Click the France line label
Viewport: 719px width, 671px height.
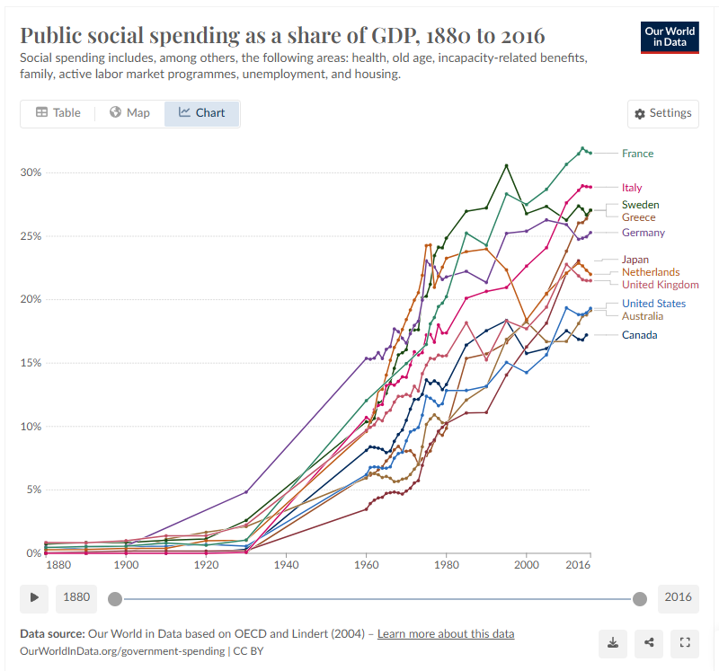click(x=637, y=154)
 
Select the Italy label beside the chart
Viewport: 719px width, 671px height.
click(x=632, y=188)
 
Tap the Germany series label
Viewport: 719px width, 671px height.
click(x=644, y=233)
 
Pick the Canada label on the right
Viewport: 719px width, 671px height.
click(x=639, y=335)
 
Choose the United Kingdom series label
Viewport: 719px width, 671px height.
click(x=661, y=285)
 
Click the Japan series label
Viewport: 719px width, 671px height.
click(x=635, y=260)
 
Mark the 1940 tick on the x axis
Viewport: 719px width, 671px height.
click(x=286, y=565)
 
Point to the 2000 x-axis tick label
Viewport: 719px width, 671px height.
click(x=527, y=565)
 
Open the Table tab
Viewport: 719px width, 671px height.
click(x=58, y=113)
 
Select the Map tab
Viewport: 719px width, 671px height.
click(x=129, y=113)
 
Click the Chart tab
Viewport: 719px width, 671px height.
click(x=202, y=113)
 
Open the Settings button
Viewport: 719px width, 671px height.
click(x=663, y=113)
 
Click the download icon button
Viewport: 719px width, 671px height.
click(x=612, y=642)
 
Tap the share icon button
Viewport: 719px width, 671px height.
click(x=648, y=642)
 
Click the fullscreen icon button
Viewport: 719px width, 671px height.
click(x=684, y=642)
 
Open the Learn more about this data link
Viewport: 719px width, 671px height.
click(x=446, y=634)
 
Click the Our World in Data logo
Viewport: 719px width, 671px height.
click(x=669, y=37)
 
